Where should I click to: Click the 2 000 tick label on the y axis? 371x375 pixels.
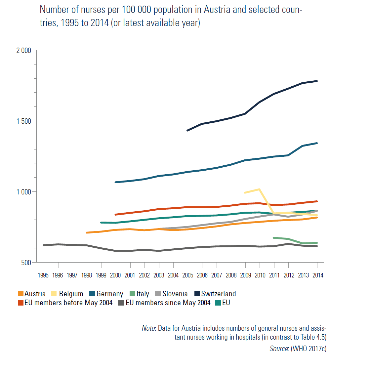coord(23,51)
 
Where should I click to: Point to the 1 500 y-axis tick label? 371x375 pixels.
coord(23,121)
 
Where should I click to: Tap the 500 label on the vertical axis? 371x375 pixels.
coord(26,263)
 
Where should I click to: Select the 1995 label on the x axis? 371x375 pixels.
coord(43,275)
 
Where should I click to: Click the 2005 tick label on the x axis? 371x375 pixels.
coord(188,275)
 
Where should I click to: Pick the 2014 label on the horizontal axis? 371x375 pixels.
coord(318,275)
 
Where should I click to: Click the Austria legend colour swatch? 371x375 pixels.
coord(21,294)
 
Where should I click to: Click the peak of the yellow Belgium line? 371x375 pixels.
coord(260,189)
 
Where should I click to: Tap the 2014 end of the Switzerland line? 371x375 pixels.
coord(317,81)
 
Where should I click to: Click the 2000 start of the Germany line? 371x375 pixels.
coord(115,182)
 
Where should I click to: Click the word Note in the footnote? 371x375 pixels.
coord(148,328)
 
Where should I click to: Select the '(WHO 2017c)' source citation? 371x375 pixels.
coord(309,349)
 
